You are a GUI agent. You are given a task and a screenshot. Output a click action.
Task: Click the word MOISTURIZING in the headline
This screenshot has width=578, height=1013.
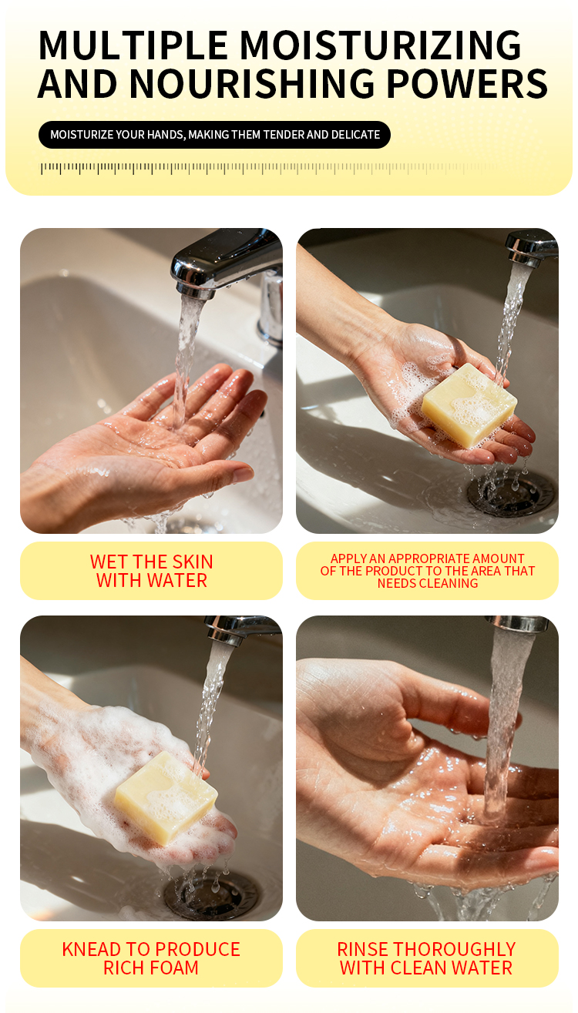(x=381, y=45)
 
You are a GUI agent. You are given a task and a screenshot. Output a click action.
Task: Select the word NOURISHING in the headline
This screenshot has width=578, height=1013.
(x=252, y=84)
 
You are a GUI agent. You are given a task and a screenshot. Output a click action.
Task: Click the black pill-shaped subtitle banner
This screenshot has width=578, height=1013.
(x=214, y=135)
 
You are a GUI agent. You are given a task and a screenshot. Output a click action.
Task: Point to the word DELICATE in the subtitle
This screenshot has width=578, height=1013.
(x=355, y=135)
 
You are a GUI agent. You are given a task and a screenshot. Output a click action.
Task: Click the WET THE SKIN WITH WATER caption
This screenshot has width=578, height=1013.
(x=152, y=571)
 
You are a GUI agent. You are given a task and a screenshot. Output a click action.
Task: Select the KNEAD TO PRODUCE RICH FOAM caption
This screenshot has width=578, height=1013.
(x=151, y=958)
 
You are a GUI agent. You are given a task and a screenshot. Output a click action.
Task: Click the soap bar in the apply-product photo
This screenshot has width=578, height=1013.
(x=469, y=405)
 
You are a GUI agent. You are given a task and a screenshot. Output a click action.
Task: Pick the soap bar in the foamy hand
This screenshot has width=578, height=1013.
(x=166, y=799)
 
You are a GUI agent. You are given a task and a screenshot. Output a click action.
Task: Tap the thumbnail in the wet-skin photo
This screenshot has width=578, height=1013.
(x=243, y=475)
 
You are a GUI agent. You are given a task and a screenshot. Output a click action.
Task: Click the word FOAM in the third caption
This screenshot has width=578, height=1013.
(x=173, y=968)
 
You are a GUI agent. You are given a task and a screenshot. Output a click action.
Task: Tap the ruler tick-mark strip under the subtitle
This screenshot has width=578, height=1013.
(x=269, y=168)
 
